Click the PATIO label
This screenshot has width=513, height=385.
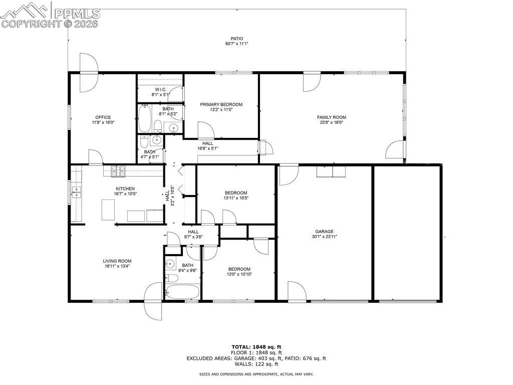[237, 38]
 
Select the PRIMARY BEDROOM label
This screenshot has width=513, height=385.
[221, 104]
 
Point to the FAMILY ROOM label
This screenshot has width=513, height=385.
[331, 117]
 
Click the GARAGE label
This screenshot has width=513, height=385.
[325, 232]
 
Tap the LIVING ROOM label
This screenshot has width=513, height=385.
[117, 261]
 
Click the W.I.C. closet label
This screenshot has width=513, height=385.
[161, 89]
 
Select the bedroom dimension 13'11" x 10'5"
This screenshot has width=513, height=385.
[236, 198]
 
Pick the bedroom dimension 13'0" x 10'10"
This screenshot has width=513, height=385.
[239, 274]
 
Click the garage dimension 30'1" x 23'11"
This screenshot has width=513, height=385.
[325, 237]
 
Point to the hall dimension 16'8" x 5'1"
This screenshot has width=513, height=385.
[207, 148]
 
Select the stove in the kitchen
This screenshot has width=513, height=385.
[118, 172]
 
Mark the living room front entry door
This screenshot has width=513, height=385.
[153, 301]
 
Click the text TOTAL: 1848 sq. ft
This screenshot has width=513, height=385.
[256, 347]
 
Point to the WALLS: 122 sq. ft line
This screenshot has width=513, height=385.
[256, 364]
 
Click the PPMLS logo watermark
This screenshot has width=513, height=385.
[50, 15]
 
